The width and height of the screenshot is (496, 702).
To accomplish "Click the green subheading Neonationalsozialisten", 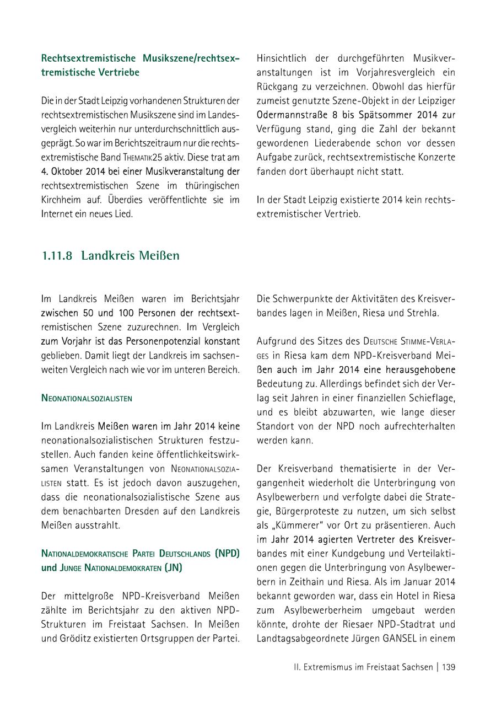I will pos(87,397).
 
